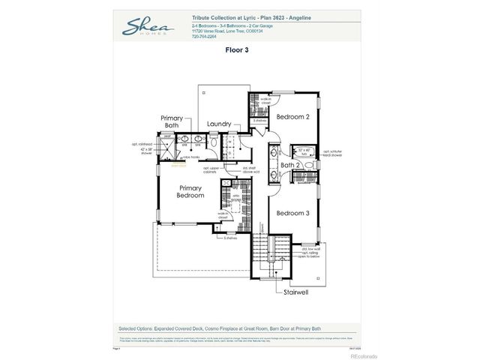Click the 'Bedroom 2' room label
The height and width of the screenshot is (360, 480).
(x=292, y=117)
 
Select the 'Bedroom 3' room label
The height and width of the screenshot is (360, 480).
(x=292, y=214)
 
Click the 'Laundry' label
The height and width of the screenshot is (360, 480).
(x=220, y=124)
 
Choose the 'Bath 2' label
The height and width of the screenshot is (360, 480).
(x=290, y=165)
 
